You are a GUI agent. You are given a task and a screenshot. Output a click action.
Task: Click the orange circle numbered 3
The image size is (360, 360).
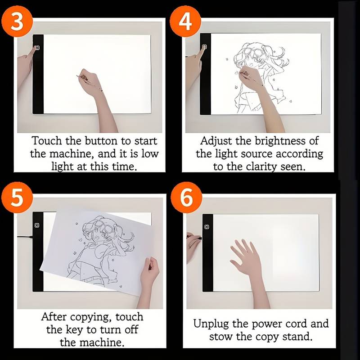tap(17, 21)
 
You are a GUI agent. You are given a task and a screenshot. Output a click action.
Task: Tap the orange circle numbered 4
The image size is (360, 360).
tap(185, 21)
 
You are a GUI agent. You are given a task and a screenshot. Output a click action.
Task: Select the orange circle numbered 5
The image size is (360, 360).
tap(17, 198)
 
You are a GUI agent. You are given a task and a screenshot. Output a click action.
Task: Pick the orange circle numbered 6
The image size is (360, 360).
tap(186, 198)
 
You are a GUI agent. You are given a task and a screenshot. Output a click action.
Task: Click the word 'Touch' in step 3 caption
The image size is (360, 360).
tap(47, 141)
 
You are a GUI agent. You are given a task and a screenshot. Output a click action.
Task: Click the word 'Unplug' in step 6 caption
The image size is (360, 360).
tap(211, 324)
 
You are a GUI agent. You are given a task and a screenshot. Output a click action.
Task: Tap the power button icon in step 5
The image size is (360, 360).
tap(37, 225)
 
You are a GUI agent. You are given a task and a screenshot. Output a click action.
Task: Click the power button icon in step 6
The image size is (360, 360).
tap(207, 227)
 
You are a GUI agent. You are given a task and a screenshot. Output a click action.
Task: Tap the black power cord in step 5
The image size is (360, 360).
tap(25, 236)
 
